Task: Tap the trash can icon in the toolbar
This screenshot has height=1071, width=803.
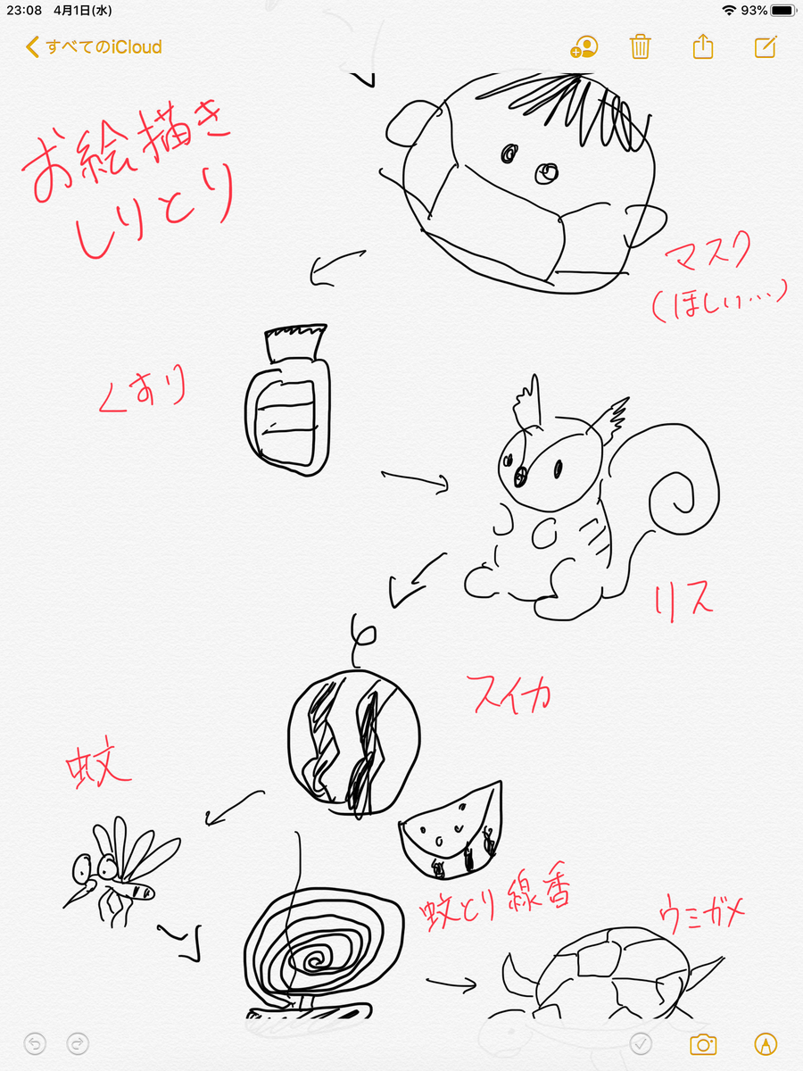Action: pos(640,46)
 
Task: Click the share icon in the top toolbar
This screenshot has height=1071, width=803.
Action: pos(702,46)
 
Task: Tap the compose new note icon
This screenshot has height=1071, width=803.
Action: pos(766,46)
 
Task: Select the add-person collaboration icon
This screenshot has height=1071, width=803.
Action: pos(584,46)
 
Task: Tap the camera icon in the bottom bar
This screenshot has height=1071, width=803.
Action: pos(703,1044)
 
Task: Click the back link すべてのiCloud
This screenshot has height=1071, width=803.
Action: pos(94,47)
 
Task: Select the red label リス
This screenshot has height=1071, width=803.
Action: pos(683,602)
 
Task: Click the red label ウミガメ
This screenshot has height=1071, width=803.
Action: pos(701,913)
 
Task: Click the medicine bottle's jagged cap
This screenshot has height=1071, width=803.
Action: pos(295,343)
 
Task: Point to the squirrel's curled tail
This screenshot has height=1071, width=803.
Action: pos(683,488)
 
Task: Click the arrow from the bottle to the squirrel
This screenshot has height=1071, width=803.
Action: pos(415,480)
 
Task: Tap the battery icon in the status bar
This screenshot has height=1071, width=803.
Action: pos(783,10)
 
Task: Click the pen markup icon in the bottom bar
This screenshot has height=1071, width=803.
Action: pos(766,1044)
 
